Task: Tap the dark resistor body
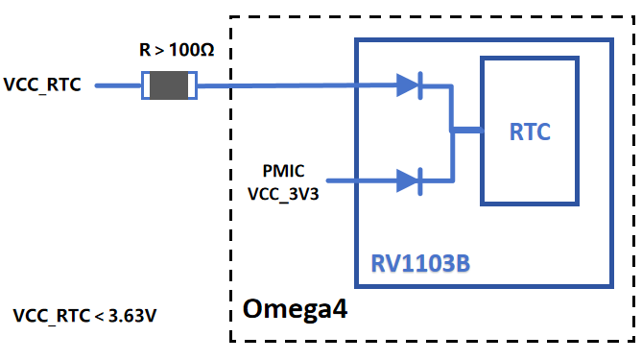tap(169, 85)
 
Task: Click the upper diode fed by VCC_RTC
tap(410, 85)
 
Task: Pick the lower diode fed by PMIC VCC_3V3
tap(410, 180)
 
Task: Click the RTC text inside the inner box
tap(530, 132)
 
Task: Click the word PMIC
tap(284, 171)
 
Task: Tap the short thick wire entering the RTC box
tap(466, 131)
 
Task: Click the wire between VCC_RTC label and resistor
tap(118, 85)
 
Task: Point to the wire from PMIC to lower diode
tap(360, 180)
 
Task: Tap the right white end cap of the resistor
tap(192, 85)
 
